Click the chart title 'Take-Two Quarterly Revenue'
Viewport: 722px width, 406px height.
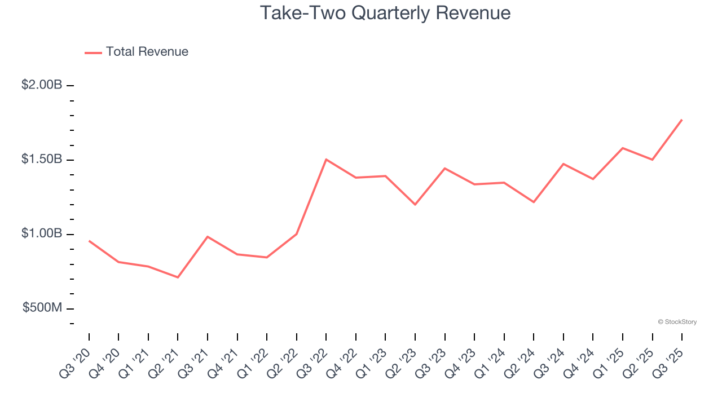385,13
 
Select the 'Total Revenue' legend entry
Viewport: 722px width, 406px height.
147,52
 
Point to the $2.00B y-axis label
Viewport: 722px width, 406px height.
42,85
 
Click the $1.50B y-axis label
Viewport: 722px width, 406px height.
42,160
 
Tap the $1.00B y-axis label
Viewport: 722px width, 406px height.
42,234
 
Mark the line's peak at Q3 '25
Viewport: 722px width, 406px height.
681,120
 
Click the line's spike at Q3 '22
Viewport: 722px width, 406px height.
326,160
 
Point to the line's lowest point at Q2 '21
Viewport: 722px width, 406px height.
178,277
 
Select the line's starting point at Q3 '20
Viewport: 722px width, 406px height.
89,241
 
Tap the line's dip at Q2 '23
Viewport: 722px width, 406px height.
415,204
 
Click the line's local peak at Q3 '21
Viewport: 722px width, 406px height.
208,237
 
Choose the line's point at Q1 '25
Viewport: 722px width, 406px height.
622,148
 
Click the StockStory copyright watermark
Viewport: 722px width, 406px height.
677,322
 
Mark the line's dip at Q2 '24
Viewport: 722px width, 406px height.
534,202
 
